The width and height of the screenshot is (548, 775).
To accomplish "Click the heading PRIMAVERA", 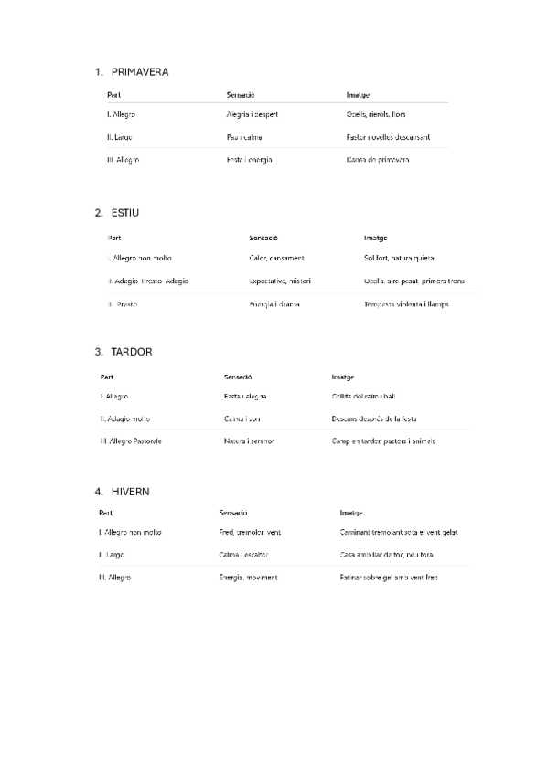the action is (x=139, y=71).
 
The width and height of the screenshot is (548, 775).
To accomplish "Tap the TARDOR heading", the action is (x=131, y=352).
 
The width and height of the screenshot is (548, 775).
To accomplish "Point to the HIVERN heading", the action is (x=130, y=492).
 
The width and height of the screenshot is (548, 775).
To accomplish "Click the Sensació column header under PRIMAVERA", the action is (x=240, y=94).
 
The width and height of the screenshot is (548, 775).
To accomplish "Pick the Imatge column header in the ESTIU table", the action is (x=375, y=237).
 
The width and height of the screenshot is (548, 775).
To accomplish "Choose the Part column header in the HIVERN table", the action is (x=105, y=513).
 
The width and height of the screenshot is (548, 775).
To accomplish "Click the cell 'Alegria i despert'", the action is (x=252, y=115).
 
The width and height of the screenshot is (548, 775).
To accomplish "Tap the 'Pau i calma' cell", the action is (x=244, y=137).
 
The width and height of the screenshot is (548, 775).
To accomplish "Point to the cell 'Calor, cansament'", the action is (x=276, y=258).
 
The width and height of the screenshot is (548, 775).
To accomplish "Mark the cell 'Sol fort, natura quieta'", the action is (x=399, y=258).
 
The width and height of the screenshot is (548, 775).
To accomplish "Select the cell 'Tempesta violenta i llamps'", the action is (x=406, y=303).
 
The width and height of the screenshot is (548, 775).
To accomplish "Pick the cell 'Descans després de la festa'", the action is (x=374, y=419).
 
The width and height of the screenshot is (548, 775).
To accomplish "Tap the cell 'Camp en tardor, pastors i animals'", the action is (x=383, y=441).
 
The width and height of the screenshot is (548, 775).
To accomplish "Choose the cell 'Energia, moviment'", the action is (x=248, y=578).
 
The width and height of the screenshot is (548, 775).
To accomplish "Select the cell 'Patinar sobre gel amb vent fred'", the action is (x=388, y=578).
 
